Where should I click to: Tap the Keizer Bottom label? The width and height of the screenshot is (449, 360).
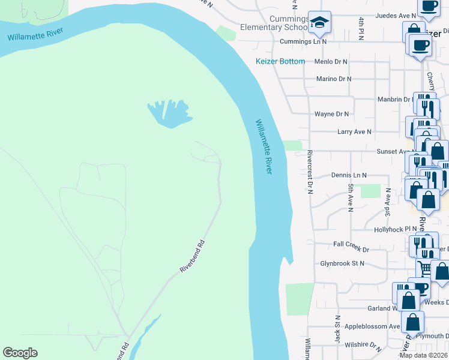(x=280, y=61)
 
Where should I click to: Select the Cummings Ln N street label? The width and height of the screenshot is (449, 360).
(x=303, y=42)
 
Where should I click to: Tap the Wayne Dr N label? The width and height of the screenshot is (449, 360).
(x=331, y=113)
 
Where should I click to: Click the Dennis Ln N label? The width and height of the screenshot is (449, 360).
(x=349, y=175)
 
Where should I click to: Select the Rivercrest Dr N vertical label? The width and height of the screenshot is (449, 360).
(x=310, y=172)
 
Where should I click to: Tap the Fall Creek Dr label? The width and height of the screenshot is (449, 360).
(x=351, y=244)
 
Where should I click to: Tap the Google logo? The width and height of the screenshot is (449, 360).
(x=20, y=353)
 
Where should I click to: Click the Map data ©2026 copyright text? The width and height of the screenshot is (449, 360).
(x=423, y=355)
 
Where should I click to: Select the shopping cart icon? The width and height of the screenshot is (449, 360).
(x=425, y=269)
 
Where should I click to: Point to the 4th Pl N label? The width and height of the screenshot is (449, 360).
(x=361, y=29)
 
